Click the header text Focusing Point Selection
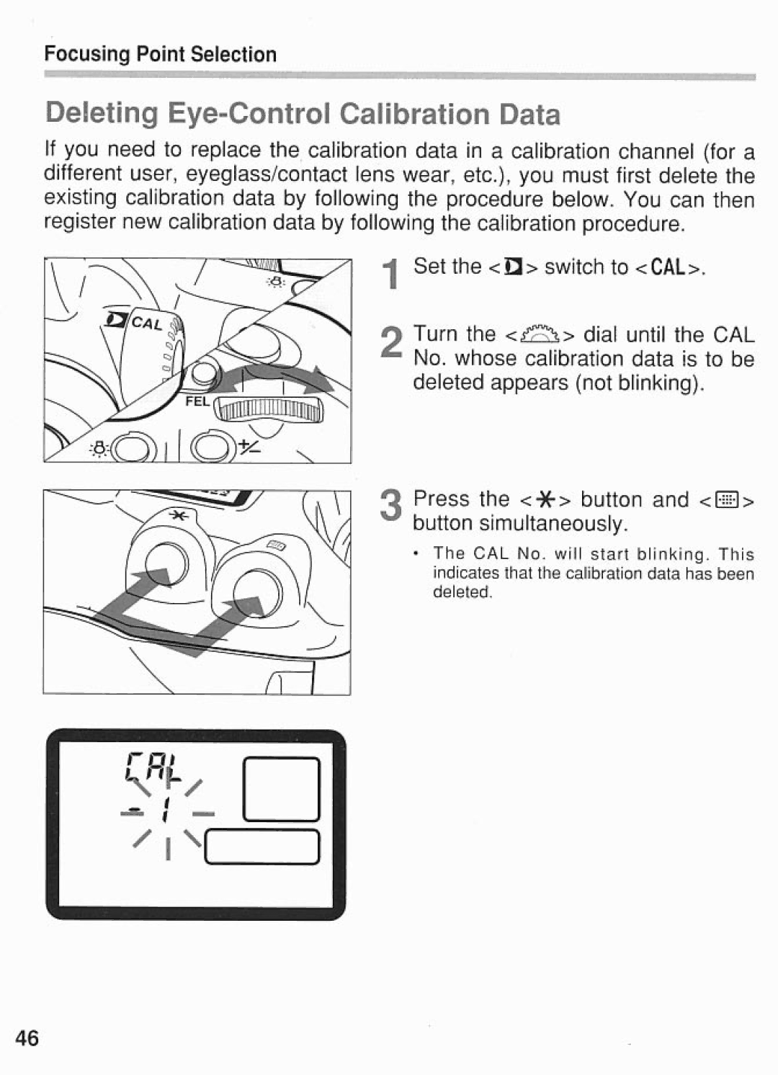coord(160,55)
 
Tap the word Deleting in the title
coord(102,114)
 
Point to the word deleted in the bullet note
coord(461,592)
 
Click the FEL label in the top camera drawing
coord(197,402)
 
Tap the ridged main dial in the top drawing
coord(271,411)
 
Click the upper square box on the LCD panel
coord(281,789)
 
